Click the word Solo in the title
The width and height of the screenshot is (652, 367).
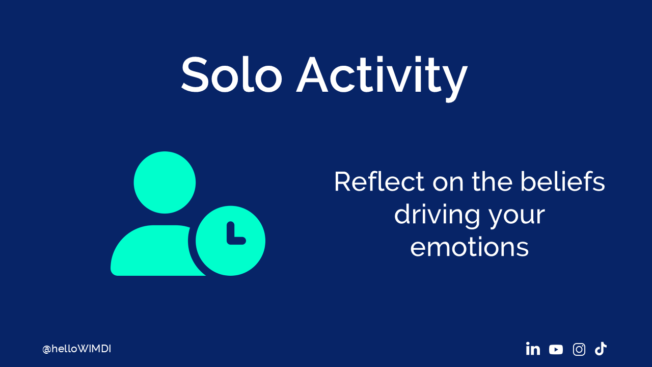pyautogui.click(x=231, y=74)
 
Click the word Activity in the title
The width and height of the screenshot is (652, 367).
pyautogui.click(x=382, y=78)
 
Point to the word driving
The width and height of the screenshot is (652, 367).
pyautogui.click(x=437, y=216)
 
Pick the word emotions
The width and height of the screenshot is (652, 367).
pyautogui.click(x=469, y=247)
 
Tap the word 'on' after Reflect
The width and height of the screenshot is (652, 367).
pyautogui.click(x=448, y=184)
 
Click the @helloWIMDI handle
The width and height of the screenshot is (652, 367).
pyautogui.click(x=76, y=349)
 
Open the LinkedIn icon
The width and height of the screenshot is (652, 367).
pyautogui.click(x=533, y=349)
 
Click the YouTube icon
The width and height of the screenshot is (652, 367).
pyautogui.click(x=556, y=350)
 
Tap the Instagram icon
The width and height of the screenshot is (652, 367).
pyautogui.click(x=579, y=349)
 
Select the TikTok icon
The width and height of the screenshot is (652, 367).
pyautogui.click(x=600, y=349)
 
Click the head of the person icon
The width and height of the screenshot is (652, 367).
pyautogui.click(x=165, y=182)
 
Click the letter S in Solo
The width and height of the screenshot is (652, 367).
pyautogui.click(x=195, y=74)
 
